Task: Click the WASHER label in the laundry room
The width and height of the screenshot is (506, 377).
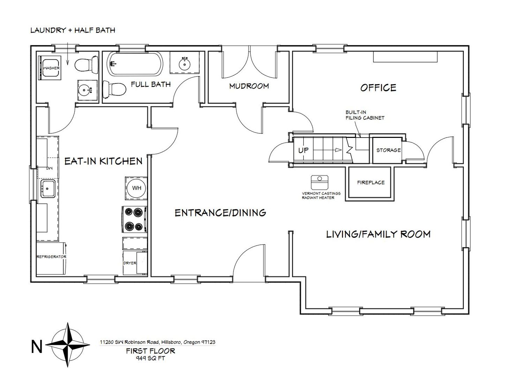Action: tap(52, 68)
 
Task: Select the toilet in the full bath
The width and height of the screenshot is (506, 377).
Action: tap(114, 89)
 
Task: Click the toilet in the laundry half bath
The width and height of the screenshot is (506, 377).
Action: tap(87, 65)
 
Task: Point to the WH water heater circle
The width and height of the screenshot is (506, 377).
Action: tap(137, 188)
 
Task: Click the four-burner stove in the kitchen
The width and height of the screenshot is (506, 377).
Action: tap(134, 220)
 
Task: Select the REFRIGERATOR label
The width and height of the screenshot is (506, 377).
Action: tap(52, 257)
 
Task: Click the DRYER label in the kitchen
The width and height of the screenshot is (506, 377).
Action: tap(130, 263)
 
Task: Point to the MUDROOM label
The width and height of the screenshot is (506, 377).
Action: tap(249, 86)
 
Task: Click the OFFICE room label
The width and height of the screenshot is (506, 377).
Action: tap(378, 88)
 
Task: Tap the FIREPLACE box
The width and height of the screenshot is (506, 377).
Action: tap(371, 183)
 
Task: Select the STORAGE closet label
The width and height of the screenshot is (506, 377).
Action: tap(388, 150)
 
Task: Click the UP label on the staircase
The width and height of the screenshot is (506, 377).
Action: tap(303, 150)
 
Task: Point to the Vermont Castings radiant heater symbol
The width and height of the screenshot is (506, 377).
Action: tap(319, 182)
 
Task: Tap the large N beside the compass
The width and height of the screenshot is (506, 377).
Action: tap(37, 347)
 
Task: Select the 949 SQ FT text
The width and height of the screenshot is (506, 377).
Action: tap(150, 358)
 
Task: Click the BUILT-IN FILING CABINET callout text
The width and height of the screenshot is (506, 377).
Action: tap(365, 115)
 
